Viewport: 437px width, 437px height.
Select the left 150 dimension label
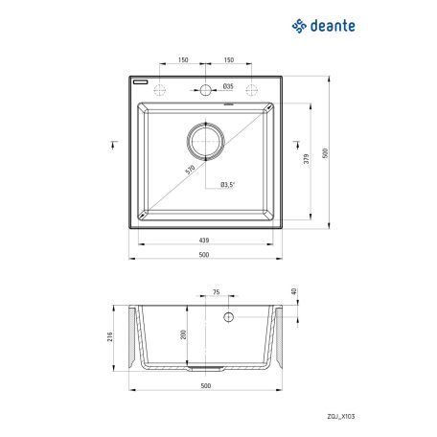pyautogui.click(x=182, y=59)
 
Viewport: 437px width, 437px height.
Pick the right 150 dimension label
pyautogui.click(x=228, y=59)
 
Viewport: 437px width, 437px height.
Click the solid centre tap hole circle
pyautogui.click(x=205, y=92)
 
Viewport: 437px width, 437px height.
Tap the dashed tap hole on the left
pyautogui.click(x=159, y=92)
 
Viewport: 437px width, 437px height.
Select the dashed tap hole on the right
pyautogui.click(x=251, y=92)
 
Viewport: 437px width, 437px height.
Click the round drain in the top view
pyautogui.click(x=205, y=141)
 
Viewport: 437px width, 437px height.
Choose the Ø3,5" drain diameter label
pyautogui.click(x=228, y=184)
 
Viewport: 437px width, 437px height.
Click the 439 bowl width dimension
pyautogui.click(x=205, y=241)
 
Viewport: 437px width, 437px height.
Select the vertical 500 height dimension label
pyautogui.click(x=325, y=153)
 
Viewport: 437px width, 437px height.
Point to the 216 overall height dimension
pyautogui.click(x=111, y=337)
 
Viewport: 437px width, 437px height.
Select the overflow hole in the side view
pyautogui.click(x=229, y=315)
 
